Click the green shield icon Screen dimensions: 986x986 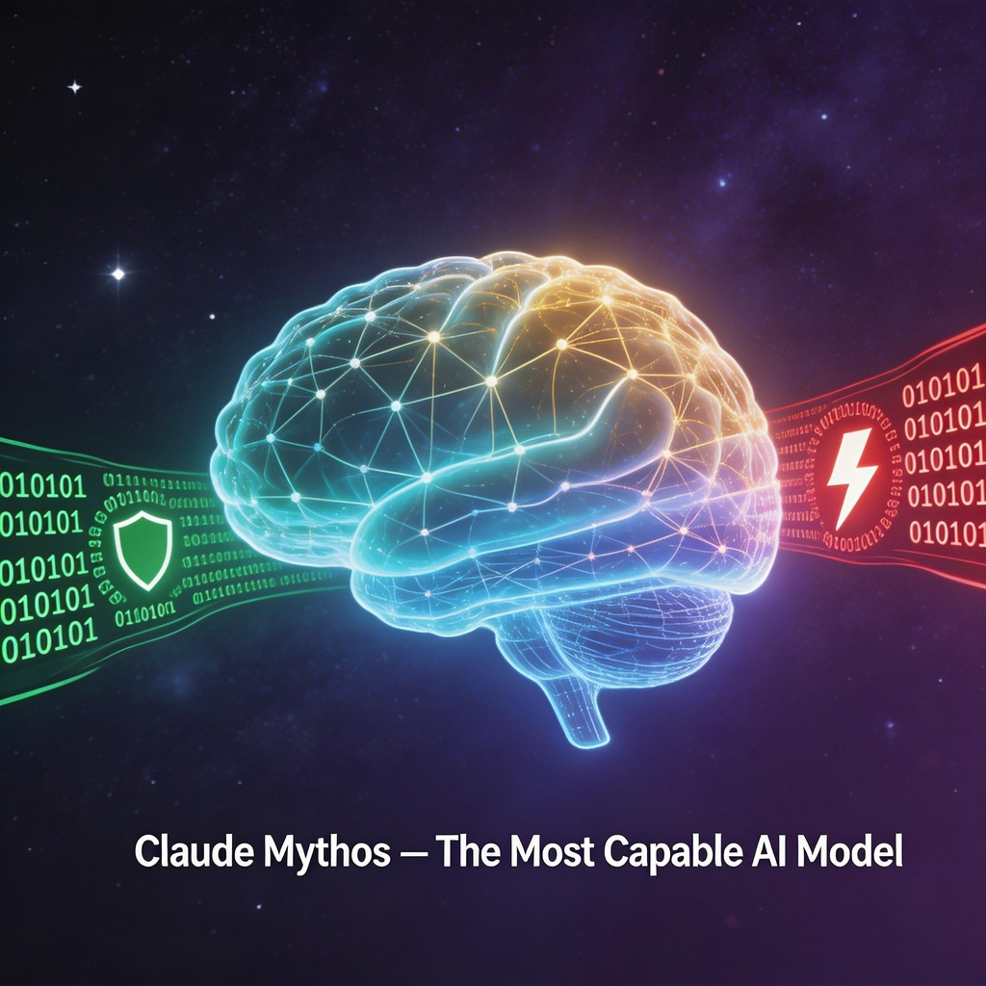click(143, 550)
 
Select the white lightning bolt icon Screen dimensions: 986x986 click(852, 475)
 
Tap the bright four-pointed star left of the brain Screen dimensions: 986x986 click(117, 273)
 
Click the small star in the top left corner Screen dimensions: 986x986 click(74, 87)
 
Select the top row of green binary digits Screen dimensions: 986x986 click(42, 484)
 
